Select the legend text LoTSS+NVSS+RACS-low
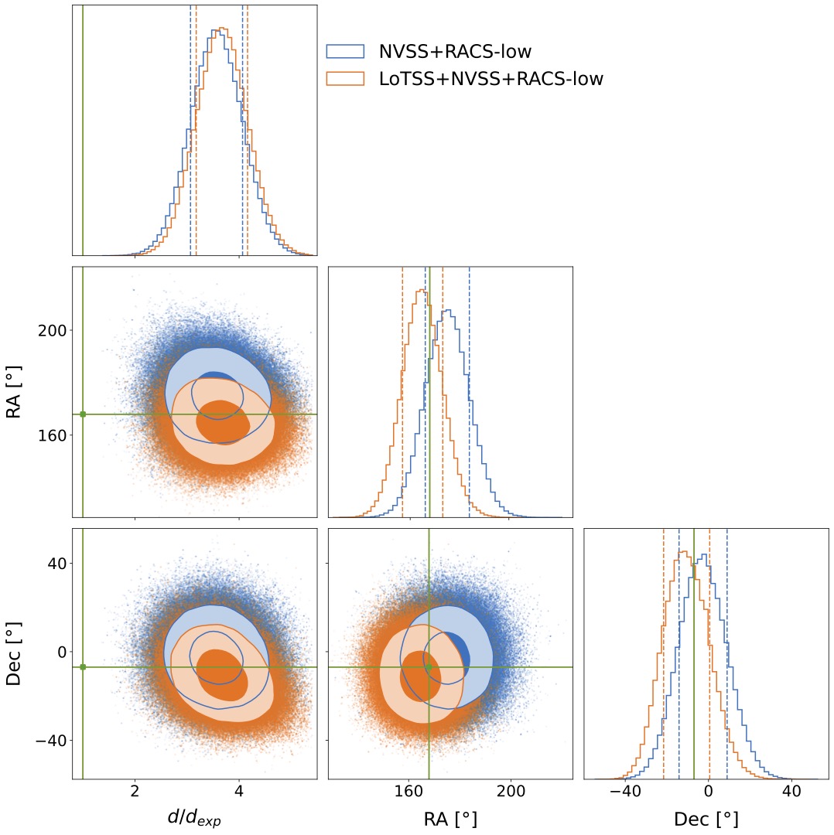point(490,78)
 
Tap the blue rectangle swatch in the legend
point(345,52)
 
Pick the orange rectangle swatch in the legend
point(345,78)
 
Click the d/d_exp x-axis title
point(194,819)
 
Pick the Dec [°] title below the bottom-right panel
point(706,819)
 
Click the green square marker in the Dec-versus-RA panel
point(429,667)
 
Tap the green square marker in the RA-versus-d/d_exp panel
point(83,414)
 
